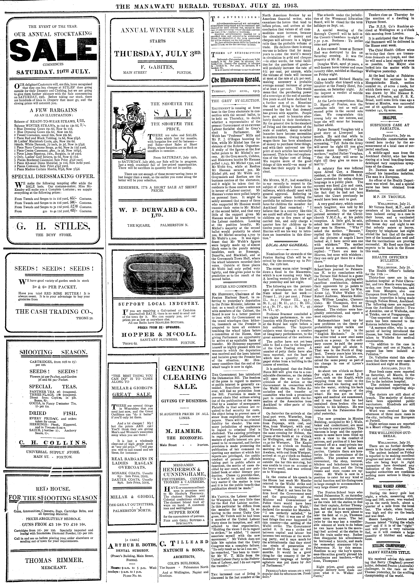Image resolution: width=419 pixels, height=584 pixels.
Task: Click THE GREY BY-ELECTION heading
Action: pyautogui.click(x=235, y=100)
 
